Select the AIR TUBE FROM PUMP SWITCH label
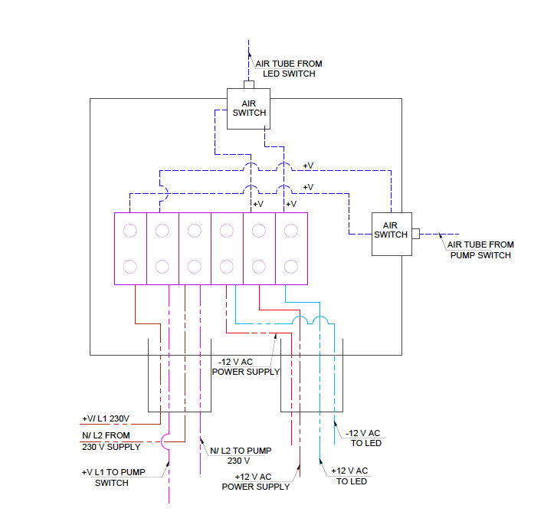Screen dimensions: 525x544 tap(481, 250)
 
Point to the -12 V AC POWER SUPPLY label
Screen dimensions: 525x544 tap(245, 366)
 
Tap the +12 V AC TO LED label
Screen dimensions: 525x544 tap(352, 475)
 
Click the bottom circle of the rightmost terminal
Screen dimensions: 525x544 tap(290, 266)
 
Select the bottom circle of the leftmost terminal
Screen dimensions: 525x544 tap(130, 266)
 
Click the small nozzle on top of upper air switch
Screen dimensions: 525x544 tap(247, 84)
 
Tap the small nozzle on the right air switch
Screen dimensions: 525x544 tap(415, 232)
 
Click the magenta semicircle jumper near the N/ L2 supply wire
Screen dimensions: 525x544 tap(165, 441)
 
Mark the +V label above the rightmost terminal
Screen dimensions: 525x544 tap(290, 204)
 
